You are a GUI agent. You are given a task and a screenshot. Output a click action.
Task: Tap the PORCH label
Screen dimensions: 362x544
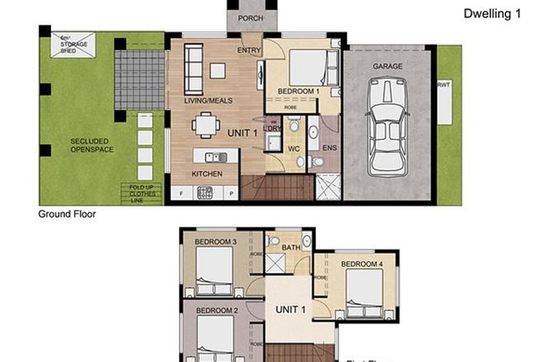pos(251,18)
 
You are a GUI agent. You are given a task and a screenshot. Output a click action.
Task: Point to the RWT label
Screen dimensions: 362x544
pos(443,84)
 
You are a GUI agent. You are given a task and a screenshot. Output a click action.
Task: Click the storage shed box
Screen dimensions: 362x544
pos(73,44)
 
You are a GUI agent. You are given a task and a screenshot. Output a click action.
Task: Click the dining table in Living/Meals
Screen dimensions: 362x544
pos(205,125)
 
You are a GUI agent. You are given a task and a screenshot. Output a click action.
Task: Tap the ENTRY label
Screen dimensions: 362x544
pos(249,50)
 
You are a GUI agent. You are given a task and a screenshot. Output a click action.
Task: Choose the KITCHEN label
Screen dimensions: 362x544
pos(206,174)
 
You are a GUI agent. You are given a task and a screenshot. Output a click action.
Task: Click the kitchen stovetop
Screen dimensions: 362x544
pos(204,193)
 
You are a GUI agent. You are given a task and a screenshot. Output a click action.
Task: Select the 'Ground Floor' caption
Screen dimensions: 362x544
pos(68,214)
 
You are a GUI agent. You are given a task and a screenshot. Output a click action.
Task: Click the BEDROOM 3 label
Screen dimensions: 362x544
pos(216,242)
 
